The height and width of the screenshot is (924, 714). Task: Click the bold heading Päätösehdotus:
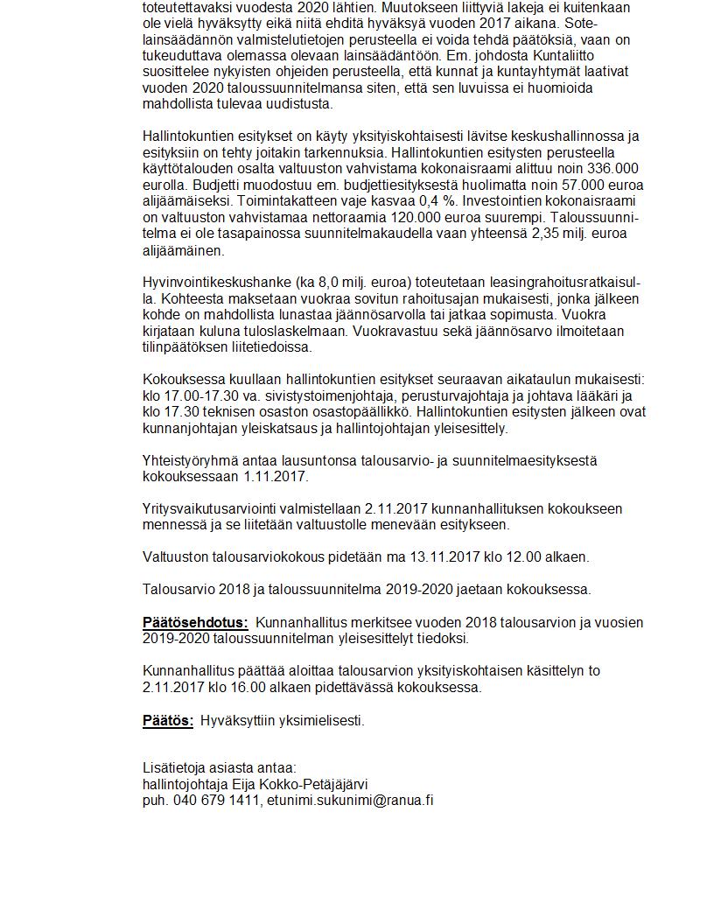(x=195, y=623)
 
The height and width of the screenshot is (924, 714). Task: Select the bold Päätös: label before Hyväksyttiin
(x=168, y=721)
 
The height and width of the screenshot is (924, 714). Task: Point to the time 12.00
(x=522, y=557)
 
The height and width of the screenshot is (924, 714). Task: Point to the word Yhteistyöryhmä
(x=192, y=461)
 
